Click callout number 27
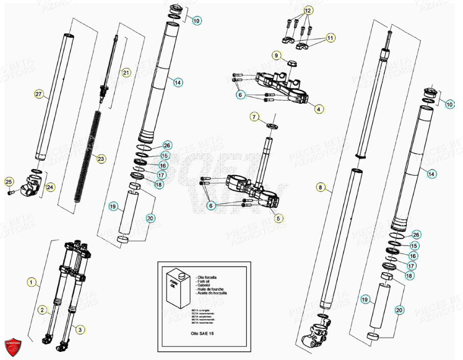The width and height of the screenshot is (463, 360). point(39,94)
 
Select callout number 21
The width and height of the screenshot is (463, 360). point(126,73)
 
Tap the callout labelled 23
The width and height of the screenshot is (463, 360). point(101,159)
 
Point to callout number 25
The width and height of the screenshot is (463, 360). point(9,181)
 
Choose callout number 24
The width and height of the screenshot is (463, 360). point(50,187)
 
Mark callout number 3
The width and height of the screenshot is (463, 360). point(79,330)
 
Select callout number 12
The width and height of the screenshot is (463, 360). point(308,10)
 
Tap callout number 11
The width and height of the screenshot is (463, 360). point(331,38)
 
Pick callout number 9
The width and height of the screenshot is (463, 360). point(276,55)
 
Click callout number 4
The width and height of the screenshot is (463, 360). point(319,109)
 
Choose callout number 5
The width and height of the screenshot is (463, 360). point(277,218)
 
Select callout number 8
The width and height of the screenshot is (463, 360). point(320,188)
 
